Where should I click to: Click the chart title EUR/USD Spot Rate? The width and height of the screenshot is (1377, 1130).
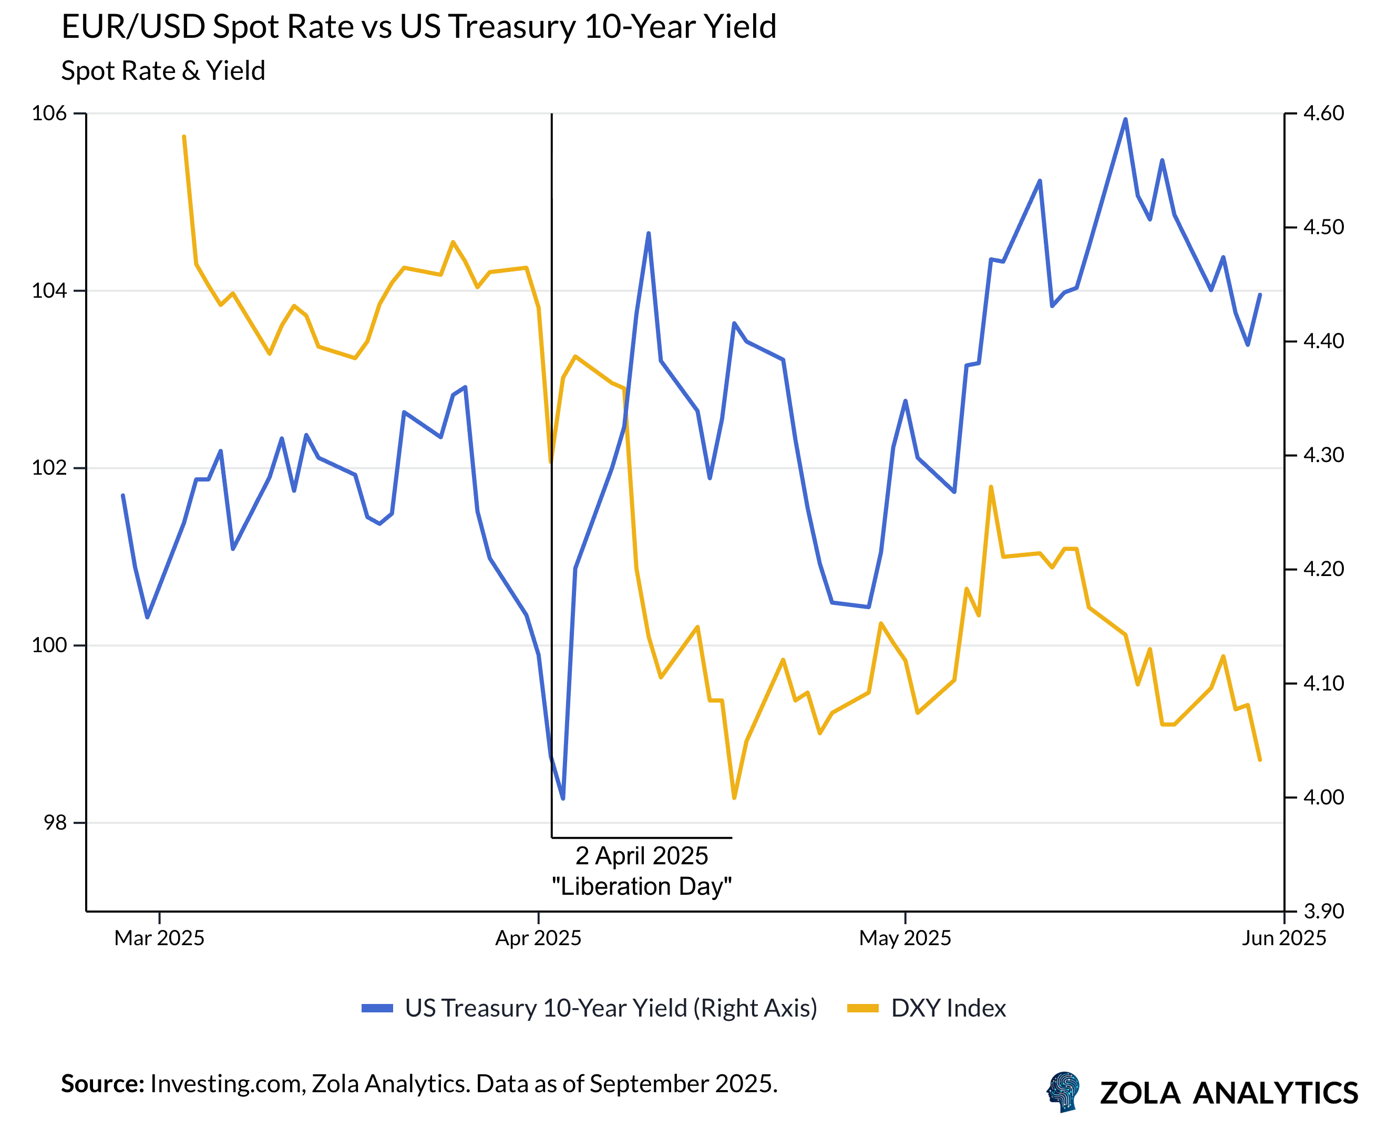[418, 27]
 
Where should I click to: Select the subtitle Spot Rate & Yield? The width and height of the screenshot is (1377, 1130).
[163, 71]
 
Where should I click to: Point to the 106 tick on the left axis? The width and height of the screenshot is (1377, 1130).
[49, 113]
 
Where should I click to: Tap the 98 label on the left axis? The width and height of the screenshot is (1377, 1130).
[55, 823]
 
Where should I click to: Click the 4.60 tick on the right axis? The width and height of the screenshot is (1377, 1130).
[1323, 113]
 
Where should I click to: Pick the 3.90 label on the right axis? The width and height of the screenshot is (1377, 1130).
[1323, 911]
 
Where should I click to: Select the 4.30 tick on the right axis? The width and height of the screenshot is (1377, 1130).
[1323, 455]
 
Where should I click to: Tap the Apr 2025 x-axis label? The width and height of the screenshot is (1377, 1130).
[538, 938]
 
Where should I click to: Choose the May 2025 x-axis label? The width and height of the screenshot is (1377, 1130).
[905, 938]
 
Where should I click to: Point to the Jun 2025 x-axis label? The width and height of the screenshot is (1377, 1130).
[1283, 938]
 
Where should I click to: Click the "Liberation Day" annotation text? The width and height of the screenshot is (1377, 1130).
[642, 886]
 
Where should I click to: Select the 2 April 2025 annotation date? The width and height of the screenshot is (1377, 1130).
[642, 856]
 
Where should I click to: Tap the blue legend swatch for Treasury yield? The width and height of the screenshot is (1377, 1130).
[377, 1008]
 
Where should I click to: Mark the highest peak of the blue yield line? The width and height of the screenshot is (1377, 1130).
[1125, 119]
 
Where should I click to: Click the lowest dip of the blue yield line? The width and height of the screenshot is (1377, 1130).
[563, 798]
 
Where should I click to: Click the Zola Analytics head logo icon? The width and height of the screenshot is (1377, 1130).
[1063, 1092]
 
